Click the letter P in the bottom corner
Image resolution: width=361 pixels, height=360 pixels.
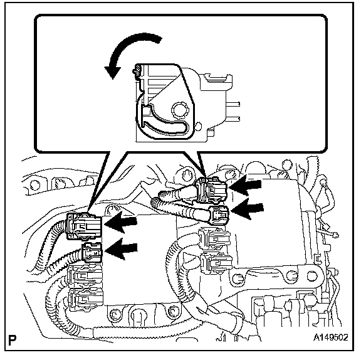pyautogui.click(x=13, y=340)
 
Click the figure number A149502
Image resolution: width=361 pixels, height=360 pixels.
pyautogui.click(x=331, y=337)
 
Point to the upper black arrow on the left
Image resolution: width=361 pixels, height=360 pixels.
pyautogui.click(x=121, y=222)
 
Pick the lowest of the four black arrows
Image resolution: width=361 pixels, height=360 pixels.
pyautogui.click(x=122, y=249)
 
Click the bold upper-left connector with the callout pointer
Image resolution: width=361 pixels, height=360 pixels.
pyautogui.click(x=84, y=226)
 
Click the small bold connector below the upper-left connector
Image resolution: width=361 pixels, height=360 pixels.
pyautogui.click(x=92, y=253)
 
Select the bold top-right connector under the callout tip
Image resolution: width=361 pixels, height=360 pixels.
pyautogui.click(x=211, y=190)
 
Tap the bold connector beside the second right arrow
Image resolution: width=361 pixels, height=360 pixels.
pyautogui.click(x=219, y=215)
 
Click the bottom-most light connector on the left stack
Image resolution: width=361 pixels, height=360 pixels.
pyautogui.click(x=86, y=299)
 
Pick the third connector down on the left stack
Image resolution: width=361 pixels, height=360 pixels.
pyautogui.click(x=85, y=275)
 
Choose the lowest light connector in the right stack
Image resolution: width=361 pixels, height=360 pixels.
pyautogui.click(x=216, y=263)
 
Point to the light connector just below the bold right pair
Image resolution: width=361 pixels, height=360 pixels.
pyautogui.click(x=214, y=239)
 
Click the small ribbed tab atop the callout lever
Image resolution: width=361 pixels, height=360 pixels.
pyautogui.click(x=137, y=70)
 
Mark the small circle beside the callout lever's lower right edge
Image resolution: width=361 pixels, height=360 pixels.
pyautogui.click(x=199, y=126)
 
